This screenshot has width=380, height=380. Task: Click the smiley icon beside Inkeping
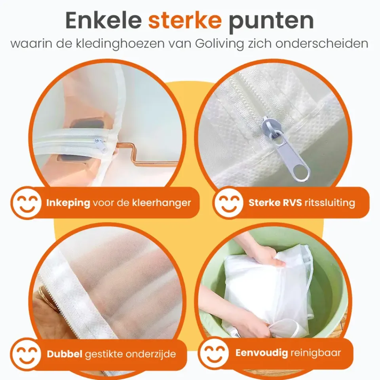pyautogui.click(x=26, y=203)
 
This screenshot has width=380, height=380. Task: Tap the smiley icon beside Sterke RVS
pyautogui.click(x=228, y=203)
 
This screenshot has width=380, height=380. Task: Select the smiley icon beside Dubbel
pyautogui.click(x=26, y=353)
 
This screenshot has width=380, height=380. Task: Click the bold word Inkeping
pyautogui.click(x=68, y=203)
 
